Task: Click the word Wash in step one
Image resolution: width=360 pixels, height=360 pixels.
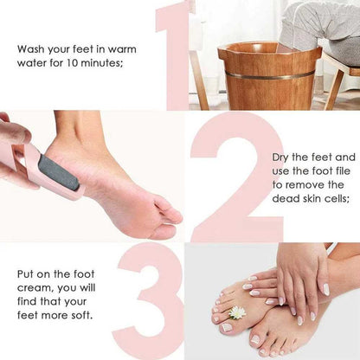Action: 32,48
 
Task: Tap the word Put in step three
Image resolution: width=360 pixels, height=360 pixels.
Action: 27,274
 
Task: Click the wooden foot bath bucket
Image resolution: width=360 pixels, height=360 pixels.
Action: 268,78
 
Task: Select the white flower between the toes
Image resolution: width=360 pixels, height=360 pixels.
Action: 237,312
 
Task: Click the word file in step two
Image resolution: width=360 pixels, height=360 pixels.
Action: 340,171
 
